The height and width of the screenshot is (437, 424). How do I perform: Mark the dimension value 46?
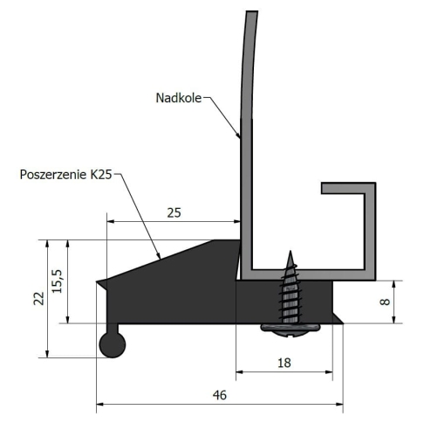219,395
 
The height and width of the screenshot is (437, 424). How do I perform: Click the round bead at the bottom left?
112,344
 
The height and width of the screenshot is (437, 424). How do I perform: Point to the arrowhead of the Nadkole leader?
239,137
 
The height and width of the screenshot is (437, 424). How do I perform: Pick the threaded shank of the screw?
291,293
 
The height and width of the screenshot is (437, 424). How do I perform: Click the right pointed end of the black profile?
342,322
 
